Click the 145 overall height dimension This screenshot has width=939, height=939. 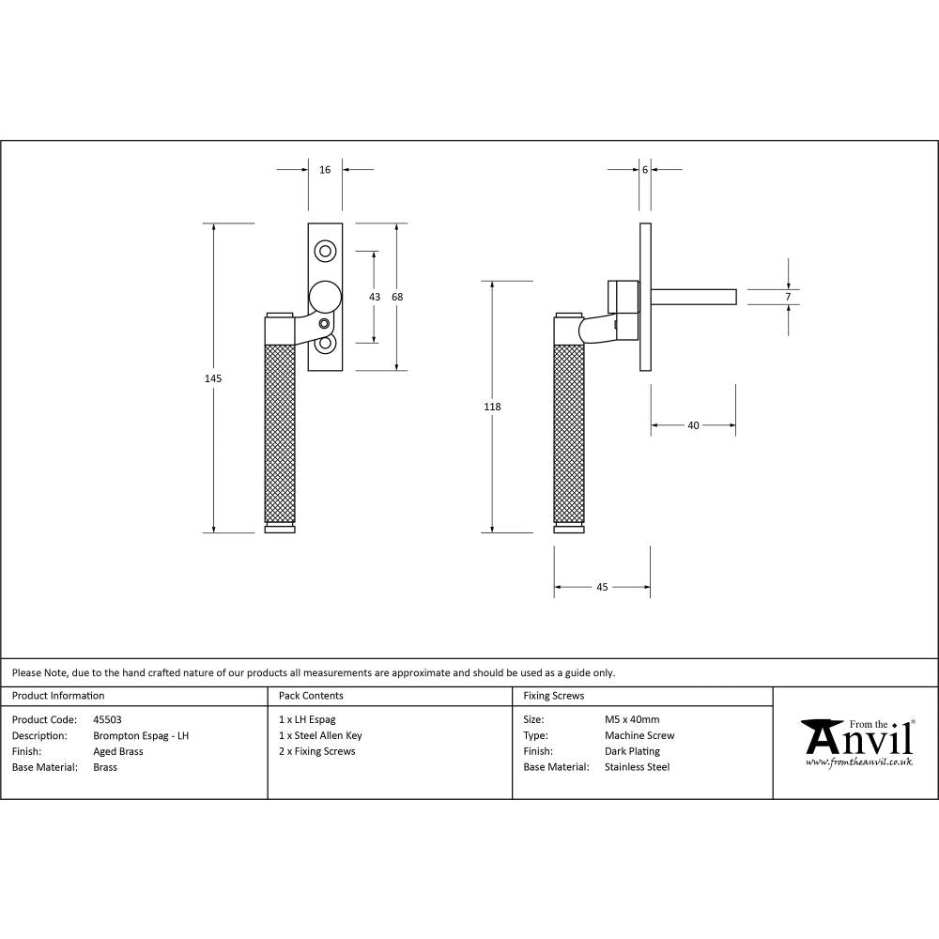[x=213, y=377]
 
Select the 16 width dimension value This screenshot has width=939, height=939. [x=325, y=170]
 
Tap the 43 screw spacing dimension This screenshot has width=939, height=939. [x=375, y=297]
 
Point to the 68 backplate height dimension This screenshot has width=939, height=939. [x=397, y=297]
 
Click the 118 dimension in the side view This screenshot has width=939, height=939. [x=492, y=407]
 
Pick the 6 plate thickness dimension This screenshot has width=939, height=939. [x=645, y=170]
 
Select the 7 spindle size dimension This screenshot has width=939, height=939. [x=788, y=297]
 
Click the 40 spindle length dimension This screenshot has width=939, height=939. [x=693, y=425]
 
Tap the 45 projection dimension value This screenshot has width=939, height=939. [x=602, y=587]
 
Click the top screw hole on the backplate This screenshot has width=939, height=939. [x=325, y=251]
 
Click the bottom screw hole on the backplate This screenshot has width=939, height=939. [x=325, y=345]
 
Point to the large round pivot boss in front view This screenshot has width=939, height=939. [x=325, y=297]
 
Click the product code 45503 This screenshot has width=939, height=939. [x=108, y=720]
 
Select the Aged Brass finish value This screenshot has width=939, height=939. [x=118, y=751]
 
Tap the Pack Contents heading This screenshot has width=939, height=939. [x=311, y=696]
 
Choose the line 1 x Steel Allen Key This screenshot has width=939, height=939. [x=320, y=736]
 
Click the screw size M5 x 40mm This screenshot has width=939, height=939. [x=632, y=720]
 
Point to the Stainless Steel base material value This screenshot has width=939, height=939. [x=637, y=767]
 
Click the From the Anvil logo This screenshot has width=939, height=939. [x=856, y=742]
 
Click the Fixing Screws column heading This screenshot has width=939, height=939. [x=553, y=696]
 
